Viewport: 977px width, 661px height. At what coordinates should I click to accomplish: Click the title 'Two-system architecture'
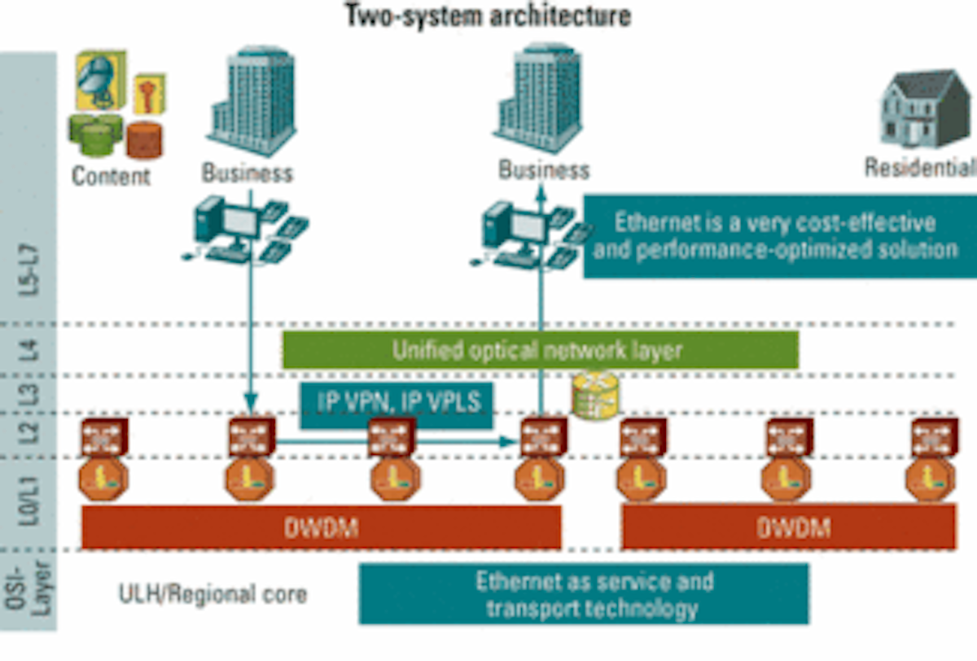[x=487, y=15]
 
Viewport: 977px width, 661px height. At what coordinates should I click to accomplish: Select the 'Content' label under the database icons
[x=111, y=175]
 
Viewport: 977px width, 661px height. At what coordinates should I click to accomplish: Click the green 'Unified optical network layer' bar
[x=540, y=350]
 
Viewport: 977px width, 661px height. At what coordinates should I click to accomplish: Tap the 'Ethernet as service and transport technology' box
[x=584, y=594]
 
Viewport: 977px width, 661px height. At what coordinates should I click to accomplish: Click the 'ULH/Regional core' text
[x=212, y=593]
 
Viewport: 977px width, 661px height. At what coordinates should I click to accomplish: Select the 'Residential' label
[x=918, y=168]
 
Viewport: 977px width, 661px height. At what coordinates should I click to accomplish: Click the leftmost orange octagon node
[x=103, y=478]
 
